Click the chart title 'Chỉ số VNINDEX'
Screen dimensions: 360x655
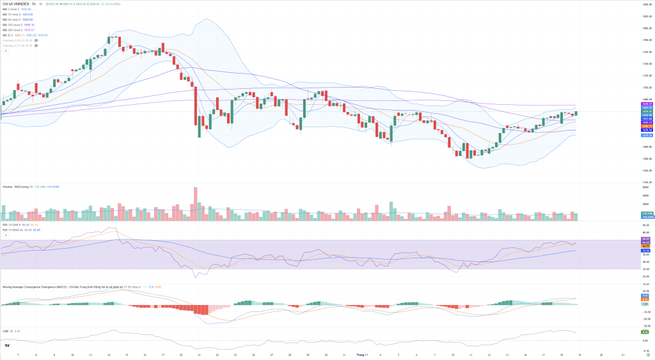point(18,4)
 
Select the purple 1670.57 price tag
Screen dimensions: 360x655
point(647,104)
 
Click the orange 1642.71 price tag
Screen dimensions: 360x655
point(647,126)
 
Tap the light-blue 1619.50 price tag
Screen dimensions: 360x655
point(647,135)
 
